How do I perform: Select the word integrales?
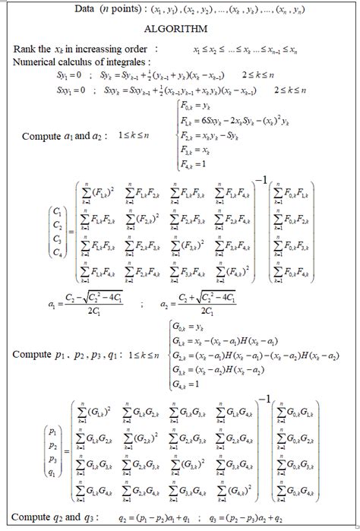tap(133, 60)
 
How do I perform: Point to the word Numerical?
tap(35, 60)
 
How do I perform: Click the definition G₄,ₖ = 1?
tap(194, 383)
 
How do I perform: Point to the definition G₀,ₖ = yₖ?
tap(195, 324)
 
